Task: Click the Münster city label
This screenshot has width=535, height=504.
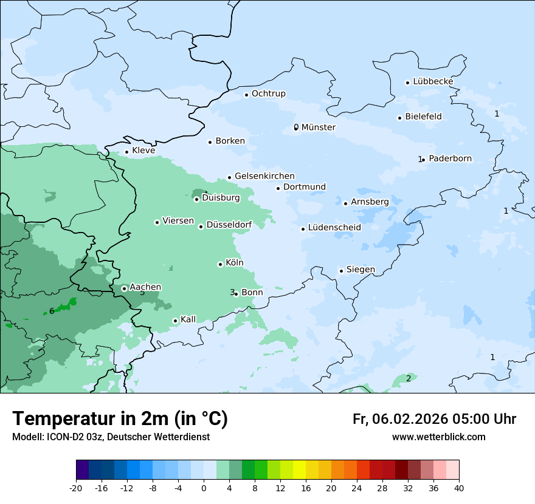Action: (x=318, y=128)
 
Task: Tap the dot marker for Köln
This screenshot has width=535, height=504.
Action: (x=220, y=264)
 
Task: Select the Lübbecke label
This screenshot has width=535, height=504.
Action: (x=433, y=81)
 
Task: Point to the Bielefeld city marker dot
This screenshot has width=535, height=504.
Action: (x=400, y=118)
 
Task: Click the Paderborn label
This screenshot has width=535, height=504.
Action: (x=450, y=158)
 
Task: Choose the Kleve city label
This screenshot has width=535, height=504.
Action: (x=143, y=151)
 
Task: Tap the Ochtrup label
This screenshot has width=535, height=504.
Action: (x=268, y=94)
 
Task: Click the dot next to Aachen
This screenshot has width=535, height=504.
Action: (x=124, y=288)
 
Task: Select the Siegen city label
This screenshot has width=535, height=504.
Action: (x=361, y=270)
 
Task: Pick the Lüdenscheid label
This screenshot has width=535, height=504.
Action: (x=334, y=228)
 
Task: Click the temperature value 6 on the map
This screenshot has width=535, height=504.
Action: (x=52, y=312)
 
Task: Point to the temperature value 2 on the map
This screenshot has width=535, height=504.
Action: (x=409, y=379)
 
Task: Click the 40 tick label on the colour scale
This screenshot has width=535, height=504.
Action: (x=459, y=488)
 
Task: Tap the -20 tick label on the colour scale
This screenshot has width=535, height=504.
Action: (x=76, y=488)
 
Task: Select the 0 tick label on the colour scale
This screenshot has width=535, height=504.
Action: (x=204, y=488)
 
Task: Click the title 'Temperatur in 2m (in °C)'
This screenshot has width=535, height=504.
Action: (x=120, y=419)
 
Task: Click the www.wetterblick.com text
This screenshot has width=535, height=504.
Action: (x=438, y=437)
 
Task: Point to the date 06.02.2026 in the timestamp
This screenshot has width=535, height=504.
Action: (x=410, y=419)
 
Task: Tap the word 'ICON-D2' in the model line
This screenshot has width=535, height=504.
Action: (x=63, y=437)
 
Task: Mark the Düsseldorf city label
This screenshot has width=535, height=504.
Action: (x=229, y=225)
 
